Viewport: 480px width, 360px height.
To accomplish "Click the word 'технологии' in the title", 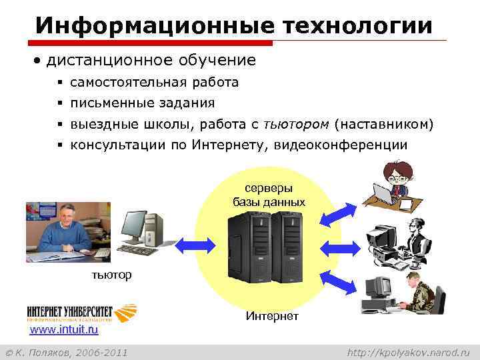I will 357,25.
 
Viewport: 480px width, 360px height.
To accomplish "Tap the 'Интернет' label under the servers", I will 272,315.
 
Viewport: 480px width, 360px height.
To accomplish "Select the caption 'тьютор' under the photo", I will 111,275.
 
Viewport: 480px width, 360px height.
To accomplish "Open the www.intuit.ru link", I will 64,329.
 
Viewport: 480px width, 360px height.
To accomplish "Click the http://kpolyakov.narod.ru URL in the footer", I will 409,351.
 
